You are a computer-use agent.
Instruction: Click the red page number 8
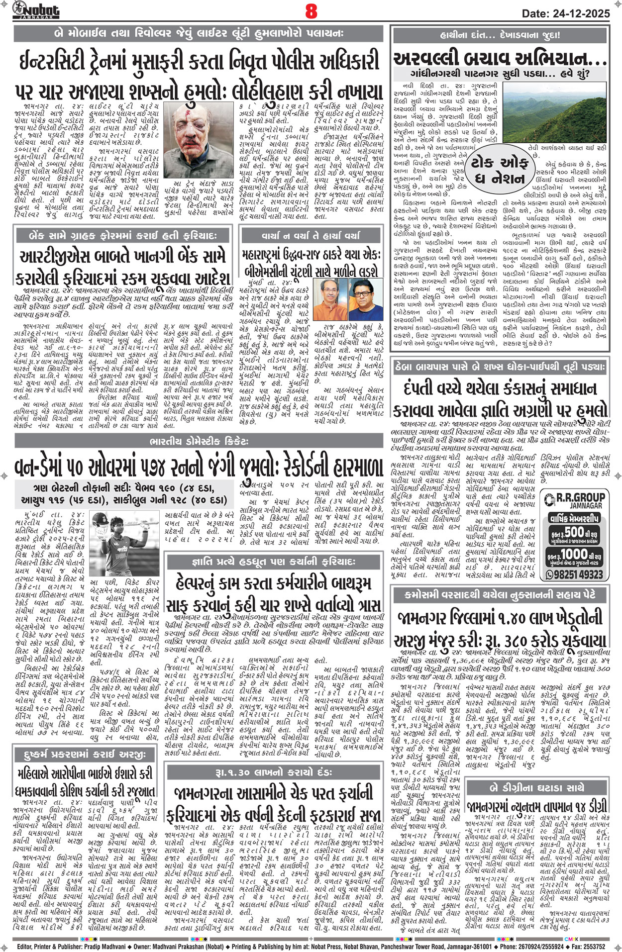(311, 11)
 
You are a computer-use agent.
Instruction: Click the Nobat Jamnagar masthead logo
(36, 10)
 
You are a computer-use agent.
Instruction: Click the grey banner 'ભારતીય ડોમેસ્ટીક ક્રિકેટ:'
(199, 441)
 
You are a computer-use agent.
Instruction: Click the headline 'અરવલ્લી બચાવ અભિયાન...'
(500, 59)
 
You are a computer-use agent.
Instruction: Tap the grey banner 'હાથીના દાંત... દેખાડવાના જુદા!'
(500, 35)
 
